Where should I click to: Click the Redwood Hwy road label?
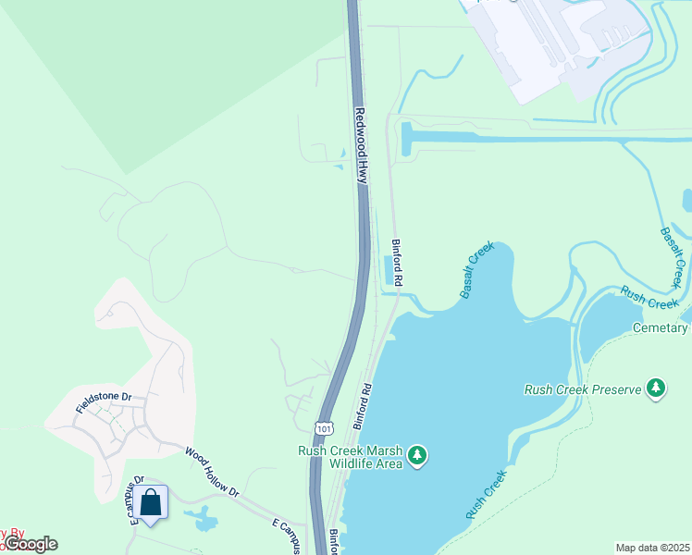click(x=363, y=146)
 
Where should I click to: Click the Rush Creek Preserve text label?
click(x=582, y=389)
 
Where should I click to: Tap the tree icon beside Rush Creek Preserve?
click(x=656, y=388)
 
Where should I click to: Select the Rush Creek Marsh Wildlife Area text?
click(x=350, y=457)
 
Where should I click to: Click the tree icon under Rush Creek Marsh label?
click(x=418, y=454)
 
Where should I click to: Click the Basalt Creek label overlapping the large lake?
click(x=477, y=270)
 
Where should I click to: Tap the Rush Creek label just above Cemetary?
click(x=650, y=297)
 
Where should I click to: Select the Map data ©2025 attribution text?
click(x=653, y=547)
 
